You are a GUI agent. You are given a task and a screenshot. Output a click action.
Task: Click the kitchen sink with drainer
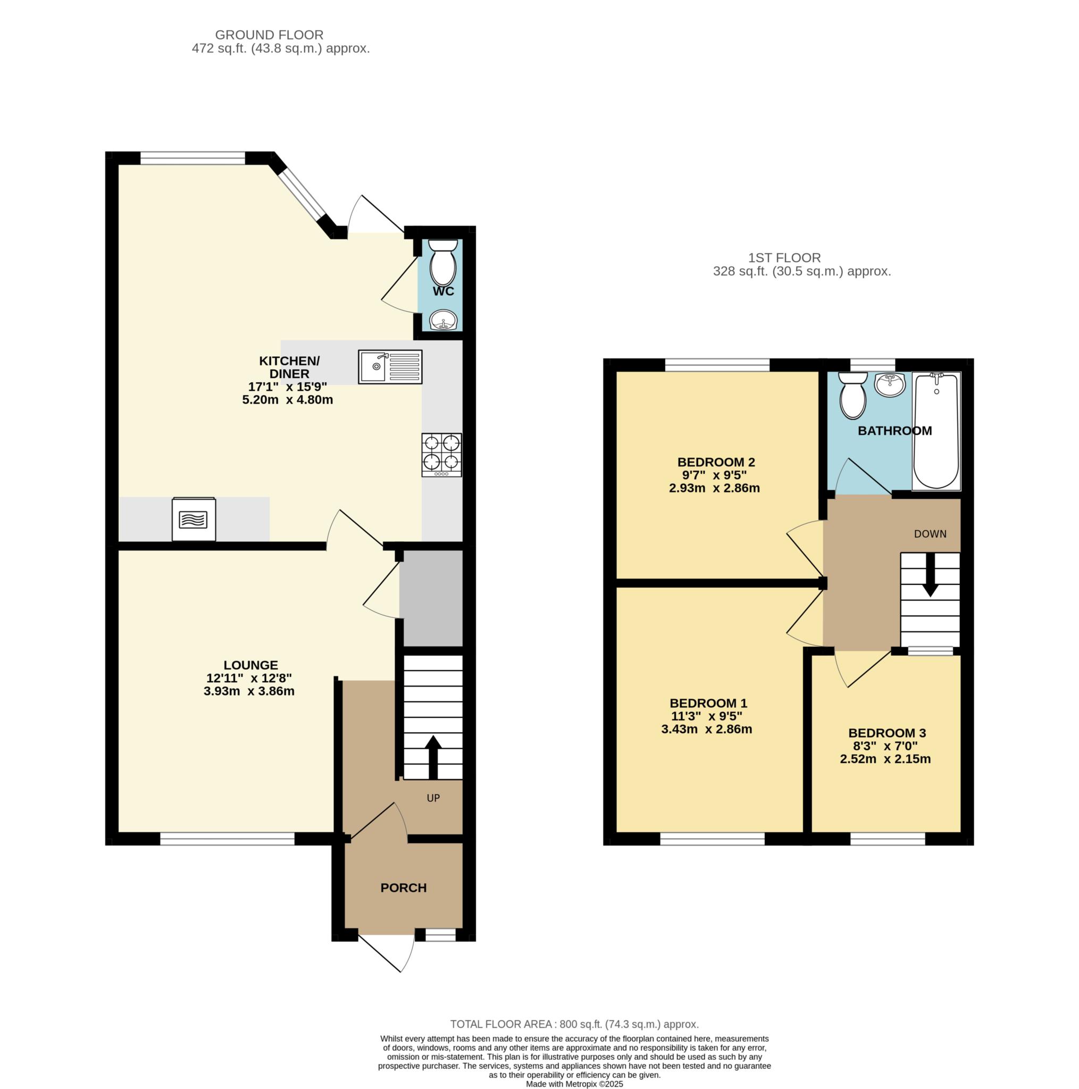click(390, 367)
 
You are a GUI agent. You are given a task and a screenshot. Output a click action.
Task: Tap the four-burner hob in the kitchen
click(441, 455)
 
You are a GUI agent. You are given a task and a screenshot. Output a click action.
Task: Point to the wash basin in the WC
click(444, 321)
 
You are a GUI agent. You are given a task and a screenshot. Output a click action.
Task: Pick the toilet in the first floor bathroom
click(852, 395)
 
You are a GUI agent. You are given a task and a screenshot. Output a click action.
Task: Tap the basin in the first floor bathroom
click(890, 384)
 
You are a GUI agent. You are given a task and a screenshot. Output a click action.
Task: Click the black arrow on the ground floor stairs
click(433, 757)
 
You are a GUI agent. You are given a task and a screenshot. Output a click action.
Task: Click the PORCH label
click(404, 888)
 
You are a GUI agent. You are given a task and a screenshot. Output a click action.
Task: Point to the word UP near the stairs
click(433, 798)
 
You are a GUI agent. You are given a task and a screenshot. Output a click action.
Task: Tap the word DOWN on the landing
click(930, 534)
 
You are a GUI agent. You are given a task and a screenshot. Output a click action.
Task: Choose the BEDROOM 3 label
click(887, 733)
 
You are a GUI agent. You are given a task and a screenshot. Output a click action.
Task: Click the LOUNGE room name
click(251, 665)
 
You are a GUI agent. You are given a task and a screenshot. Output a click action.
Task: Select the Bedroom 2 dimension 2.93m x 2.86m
click(714, 488)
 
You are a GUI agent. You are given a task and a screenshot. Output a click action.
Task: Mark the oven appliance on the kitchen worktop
click(194, 519)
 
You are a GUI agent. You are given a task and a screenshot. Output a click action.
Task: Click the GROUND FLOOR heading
click(270, 35)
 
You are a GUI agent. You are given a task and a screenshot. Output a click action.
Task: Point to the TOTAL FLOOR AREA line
click(574, 1024)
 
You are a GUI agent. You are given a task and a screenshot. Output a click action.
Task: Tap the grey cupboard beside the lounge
click(431, 598)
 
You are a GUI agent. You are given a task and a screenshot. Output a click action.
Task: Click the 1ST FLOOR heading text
click(784, 257)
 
